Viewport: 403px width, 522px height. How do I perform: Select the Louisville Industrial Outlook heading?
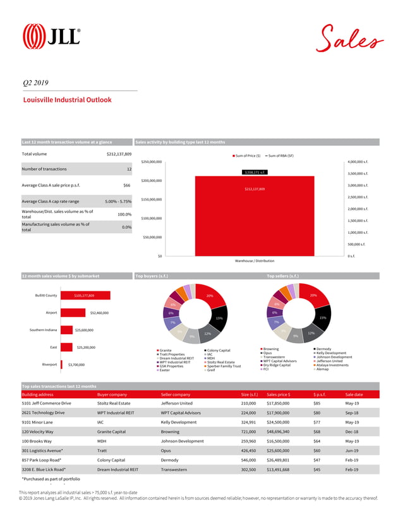click(x=67, y=100)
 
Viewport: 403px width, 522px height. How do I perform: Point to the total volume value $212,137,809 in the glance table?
click(x=119, y=154)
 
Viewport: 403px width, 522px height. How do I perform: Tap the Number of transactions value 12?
click(x=128, y=169)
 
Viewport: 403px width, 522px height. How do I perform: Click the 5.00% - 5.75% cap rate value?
click(x=118, y=202)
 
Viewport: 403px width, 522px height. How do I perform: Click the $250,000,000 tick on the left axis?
click(x=152, y=162)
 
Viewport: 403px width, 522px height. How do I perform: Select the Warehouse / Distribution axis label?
click(x=255, y=260)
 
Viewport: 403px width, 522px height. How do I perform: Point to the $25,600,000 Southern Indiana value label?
click(x=84, y=330)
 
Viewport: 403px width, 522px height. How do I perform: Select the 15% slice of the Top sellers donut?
click(x=322, y=318)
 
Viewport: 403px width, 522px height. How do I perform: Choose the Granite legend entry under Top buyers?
click(x=165, y=350)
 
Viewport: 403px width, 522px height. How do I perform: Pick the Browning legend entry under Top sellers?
click(x=270, y=349)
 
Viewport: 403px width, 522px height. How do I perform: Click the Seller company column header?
click(x=175, y=394)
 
